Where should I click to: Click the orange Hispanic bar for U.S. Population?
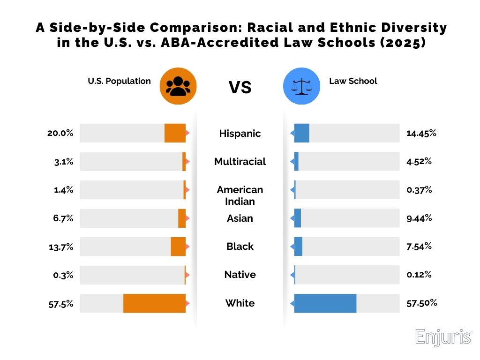coord(175,133)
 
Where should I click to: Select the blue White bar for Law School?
coord(325,303)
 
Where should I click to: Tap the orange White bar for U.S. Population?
coord(155,303)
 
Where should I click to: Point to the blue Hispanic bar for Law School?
coord(302,133)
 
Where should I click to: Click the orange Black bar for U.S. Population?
coord(178,247)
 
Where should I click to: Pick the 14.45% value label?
coord(421,133)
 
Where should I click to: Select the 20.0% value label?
coord(60,133)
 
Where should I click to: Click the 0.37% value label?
coord(419,190)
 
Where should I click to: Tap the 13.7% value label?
coord(61,247)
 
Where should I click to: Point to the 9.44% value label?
coord(419,218)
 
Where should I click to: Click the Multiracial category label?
coord(240,162)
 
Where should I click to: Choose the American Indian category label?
coord(240,195)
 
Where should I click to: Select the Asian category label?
coord(240,218)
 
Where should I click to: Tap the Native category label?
coord(240,275)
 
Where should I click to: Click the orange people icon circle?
coord(178,86)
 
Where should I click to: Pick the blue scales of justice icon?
coord(302,86)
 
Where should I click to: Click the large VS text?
coord(240,87)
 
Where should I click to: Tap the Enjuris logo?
coord(443,337)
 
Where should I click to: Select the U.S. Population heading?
coord(120,81)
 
